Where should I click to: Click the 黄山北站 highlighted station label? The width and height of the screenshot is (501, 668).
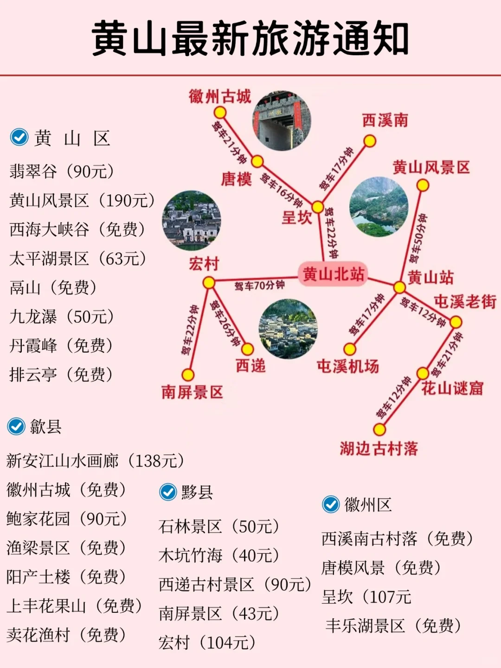tap(333, 274)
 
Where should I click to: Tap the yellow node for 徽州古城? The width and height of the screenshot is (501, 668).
tap(220, 113)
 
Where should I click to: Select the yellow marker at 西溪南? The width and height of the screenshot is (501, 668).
tap(369, 141)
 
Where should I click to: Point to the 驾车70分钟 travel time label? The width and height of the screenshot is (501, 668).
tap(259, 285)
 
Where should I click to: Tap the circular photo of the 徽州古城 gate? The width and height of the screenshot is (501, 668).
tap(282, 121)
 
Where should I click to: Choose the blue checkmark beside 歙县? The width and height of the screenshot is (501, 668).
tap(17, 426)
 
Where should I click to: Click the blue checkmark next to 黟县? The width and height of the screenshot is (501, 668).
tap(168, 492)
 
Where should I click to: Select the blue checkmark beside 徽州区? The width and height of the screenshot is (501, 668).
tap(331, 504)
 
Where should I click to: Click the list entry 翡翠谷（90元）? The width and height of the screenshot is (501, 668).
tap(62, 172)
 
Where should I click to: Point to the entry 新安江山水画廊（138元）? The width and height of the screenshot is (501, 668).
tap(95, 461)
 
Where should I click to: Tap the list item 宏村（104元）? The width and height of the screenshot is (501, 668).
tap(207, 642)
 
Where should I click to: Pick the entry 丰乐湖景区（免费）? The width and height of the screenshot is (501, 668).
tap(393, 626)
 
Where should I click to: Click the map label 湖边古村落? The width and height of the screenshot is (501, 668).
tap(379, 449)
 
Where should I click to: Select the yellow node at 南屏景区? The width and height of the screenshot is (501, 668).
tap(188, 374)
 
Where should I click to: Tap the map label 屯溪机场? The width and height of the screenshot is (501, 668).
tap(347, 366)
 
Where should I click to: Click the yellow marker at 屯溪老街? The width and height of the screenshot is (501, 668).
tap(456, 321)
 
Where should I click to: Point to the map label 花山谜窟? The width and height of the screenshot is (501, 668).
tap(452, 388)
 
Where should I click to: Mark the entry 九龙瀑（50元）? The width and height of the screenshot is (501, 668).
tap(62, 317)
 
